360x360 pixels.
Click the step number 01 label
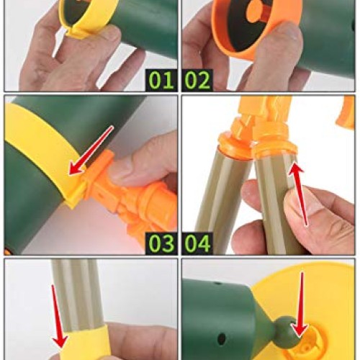click(x=161, y=78)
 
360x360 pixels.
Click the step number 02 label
click(x=197, y=78)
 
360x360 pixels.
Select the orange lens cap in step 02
click(x=245, y=22)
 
